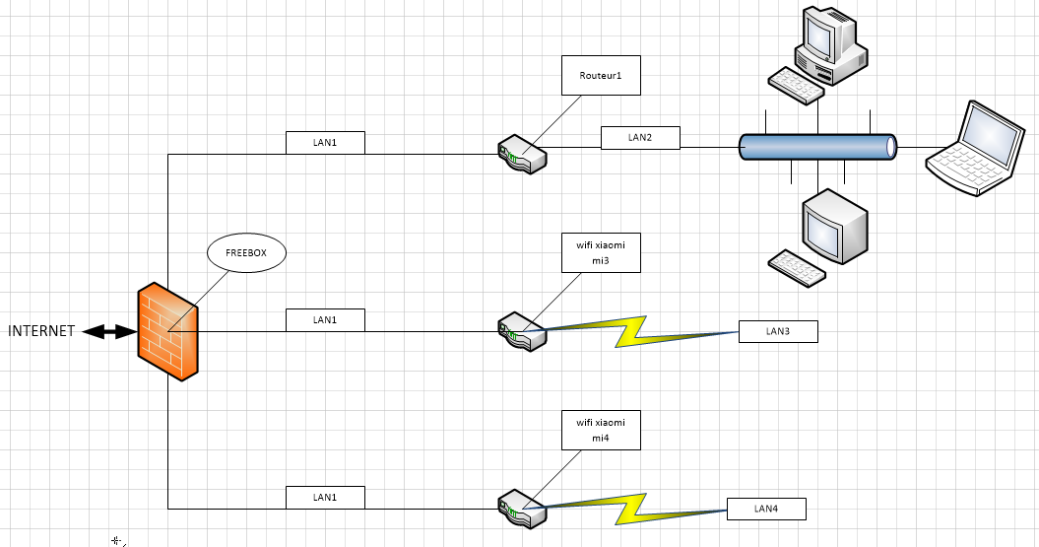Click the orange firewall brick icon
[168, 331]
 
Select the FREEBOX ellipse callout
[246, 253]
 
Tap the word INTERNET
[41, 331]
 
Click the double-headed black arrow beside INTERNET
[108, 332]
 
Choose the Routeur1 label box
[601, 76]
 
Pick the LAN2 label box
[640, 137]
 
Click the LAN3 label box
[778, 331]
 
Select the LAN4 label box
[766, 509]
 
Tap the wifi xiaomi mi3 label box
[601, 252]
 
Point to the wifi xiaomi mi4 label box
[601, 430]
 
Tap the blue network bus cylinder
[818, 147]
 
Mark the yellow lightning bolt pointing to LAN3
[640, 331]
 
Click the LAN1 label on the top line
[325, 142]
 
